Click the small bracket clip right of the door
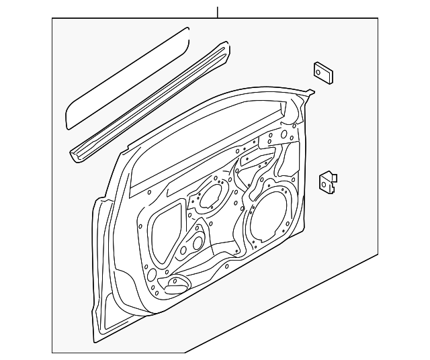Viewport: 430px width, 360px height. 327,182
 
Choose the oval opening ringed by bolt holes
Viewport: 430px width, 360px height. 213,195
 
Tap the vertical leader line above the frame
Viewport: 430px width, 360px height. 217,12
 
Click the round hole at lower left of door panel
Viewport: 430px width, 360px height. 153,273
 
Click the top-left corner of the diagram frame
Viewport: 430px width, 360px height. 52,18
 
